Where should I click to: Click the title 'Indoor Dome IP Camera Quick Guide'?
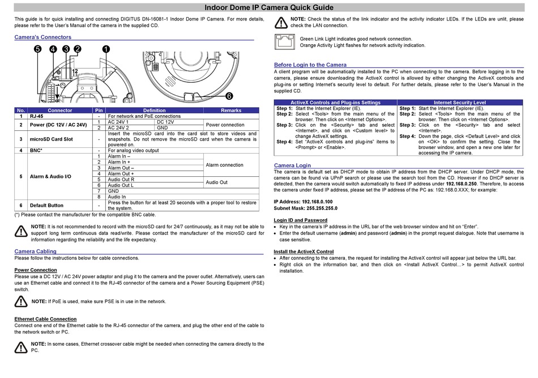coord(269,7)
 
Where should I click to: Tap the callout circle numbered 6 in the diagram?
coord(229,96)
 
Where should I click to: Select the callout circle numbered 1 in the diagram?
coord(105,49)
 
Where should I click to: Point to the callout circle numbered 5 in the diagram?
coord(38,49)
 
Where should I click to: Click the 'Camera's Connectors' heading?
coord(42,37)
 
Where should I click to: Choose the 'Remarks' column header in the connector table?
coord(230,111)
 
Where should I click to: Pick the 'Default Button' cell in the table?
coord(46,205)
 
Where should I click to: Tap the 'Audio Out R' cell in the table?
coord(121,180)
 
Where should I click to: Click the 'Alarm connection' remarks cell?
coord(224,165)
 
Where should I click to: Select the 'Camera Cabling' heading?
coord(35,251)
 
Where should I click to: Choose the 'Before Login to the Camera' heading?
coord(310,65)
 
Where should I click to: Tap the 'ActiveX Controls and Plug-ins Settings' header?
coord(335,103)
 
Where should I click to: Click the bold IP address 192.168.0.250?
coord(460,184)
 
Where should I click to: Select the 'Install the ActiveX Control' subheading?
coord(304,251)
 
